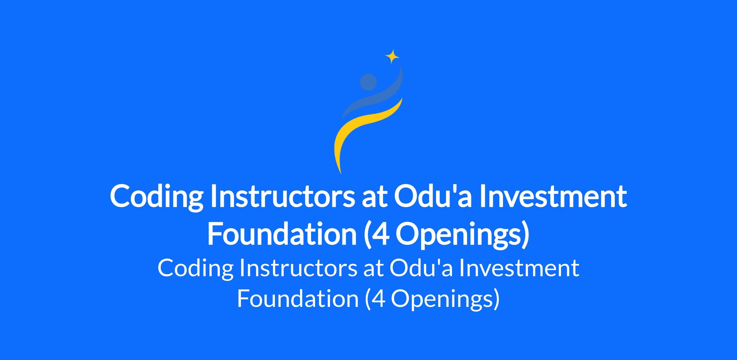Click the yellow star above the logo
click(x=392, y=56)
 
